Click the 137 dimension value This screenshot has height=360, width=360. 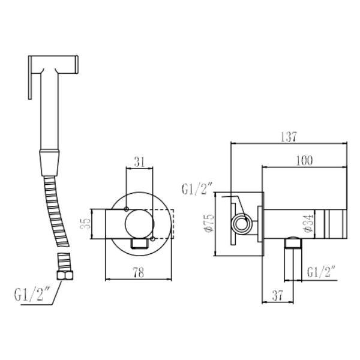point(289,137)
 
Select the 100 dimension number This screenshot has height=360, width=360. point(304,160)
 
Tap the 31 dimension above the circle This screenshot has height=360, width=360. point(140,162)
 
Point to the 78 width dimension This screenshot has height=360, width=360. point(139,273)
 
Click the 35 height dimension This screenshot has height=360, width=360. point(86,224)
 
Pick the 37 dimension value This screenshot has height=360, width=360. point(278,295)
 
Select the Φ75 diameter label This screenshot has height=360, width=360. point(209,223)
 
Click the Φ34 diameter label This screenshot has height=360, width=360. point(309,223)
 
